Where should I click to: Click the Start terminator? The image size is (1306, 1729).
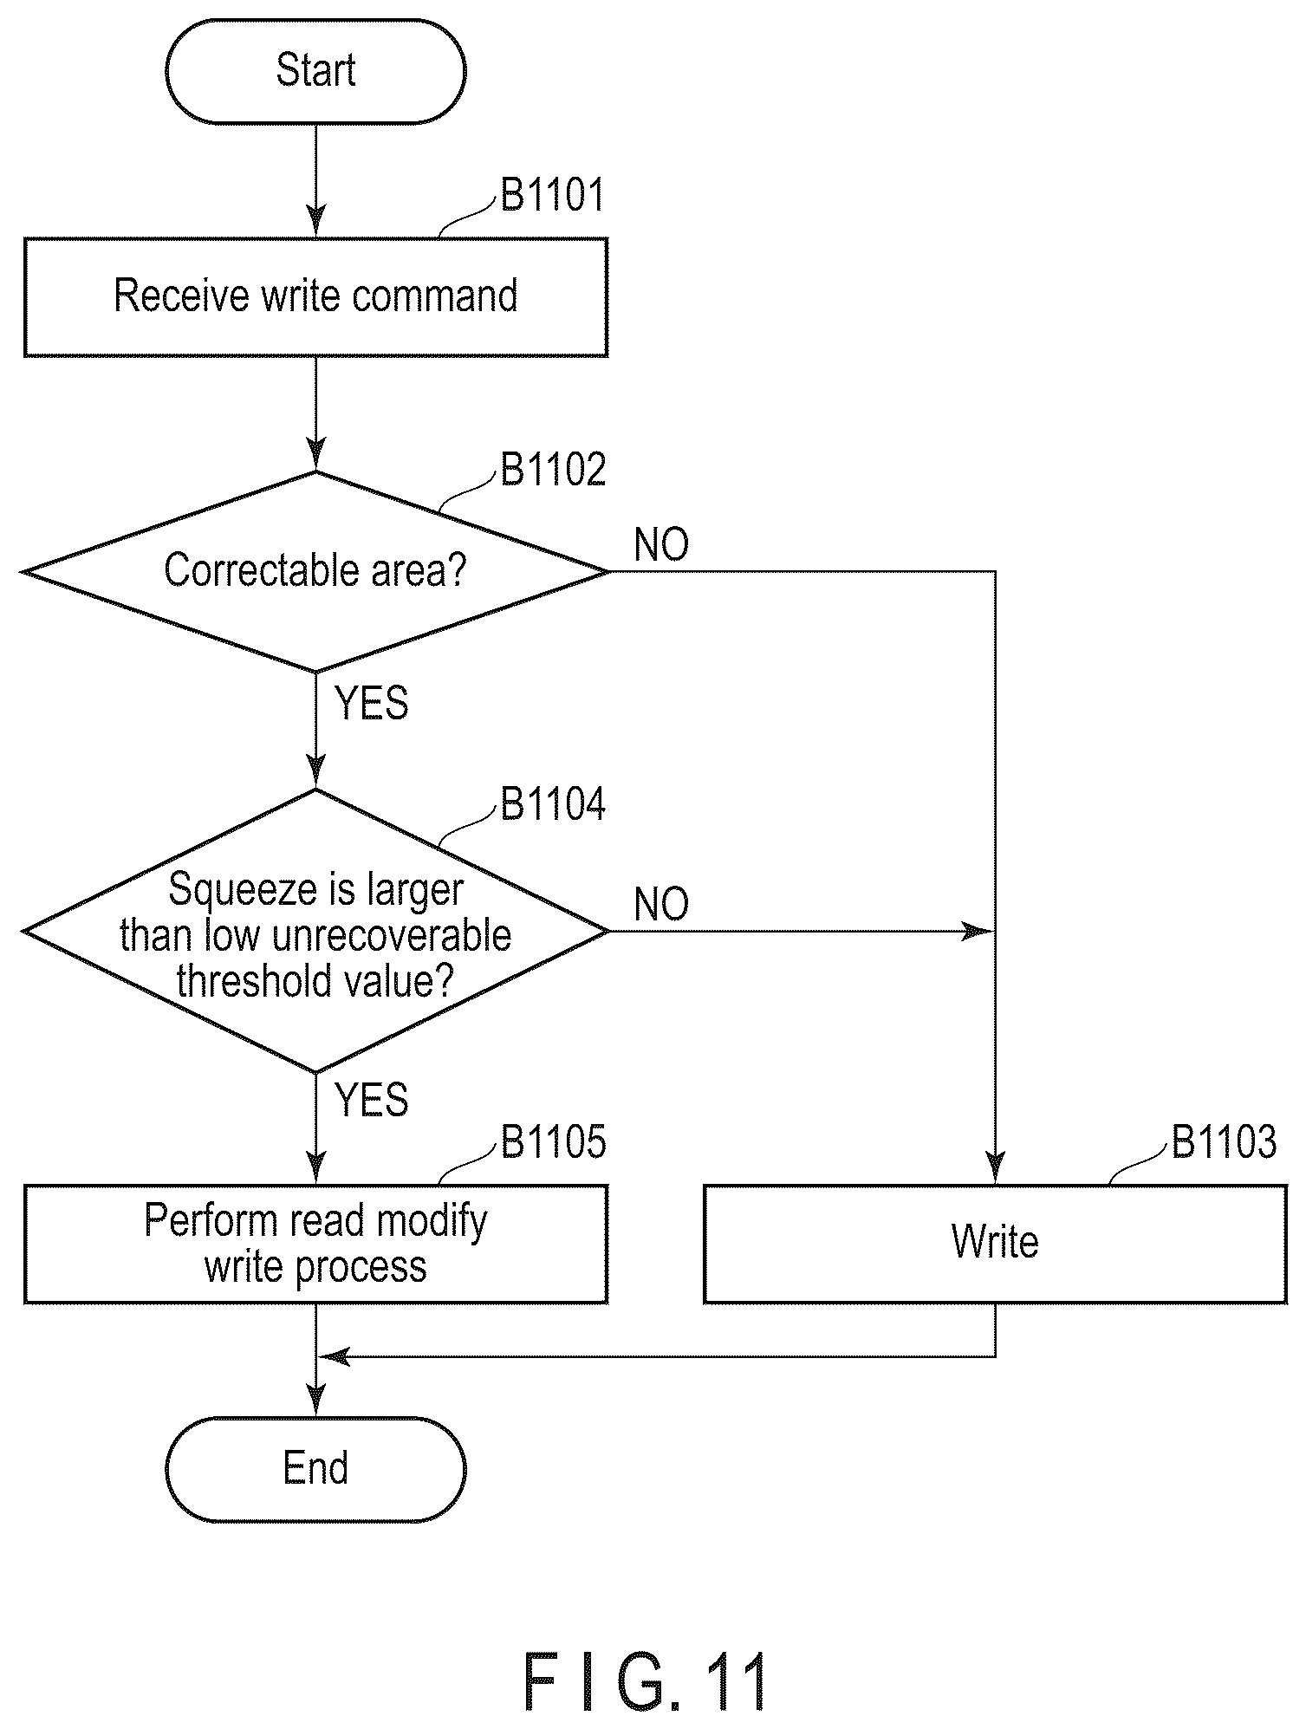pos(315,71)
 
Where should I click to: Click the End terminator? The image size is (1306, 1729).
pos(315,1469)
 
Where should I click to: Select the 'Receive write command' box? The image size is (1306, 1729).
pos(315,296)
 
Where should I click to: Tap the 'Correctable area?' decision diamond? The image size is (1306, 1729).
pos(315,571)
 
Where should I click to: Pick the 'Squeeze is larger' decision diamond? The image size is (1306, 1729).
pos(315,931)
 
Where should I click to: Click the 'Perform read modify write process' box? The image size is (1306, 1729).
pos(315,1244)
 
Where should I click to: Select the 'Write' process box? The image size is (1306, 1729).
pos(995,1244)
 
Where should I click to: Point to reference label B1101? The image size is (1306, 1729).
pos(553,195)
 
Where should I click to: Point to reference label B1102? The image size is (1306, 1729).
pos(553,469)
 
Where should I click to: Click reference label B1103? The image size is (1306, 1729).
pos(1224,1142)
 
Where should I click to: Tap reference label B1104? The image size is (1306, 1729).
pos(553,804)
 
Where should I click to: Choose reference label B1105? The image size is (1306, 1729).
pos(553,1142)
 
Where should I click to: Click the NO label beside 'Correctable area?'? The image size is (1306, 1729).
pos(661,544)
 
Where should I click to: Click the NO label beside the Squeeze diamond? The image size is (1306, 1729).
pos(661,904)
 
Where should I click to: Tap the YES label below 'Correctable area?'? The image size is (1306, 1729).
pos(372,703)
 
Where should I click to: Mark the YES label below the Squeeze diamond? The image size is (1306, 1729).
pos(372,1100)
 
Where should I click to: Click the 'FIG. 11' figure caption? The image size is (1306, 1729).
pos(646,1682)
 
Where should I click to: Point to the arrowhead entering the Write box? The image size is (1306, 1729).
pos(995,1169)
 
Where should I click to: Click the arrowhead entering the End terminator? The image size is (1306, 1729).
pos(315,1402)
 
